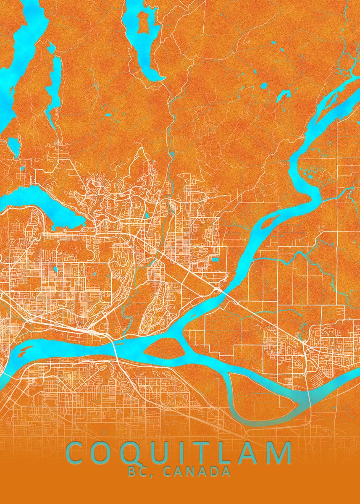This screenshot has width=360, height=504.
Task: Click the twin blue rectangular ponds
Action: coord(215,259)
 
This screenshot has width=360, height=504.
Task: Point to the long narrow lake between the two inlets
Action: coord(54,84)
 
